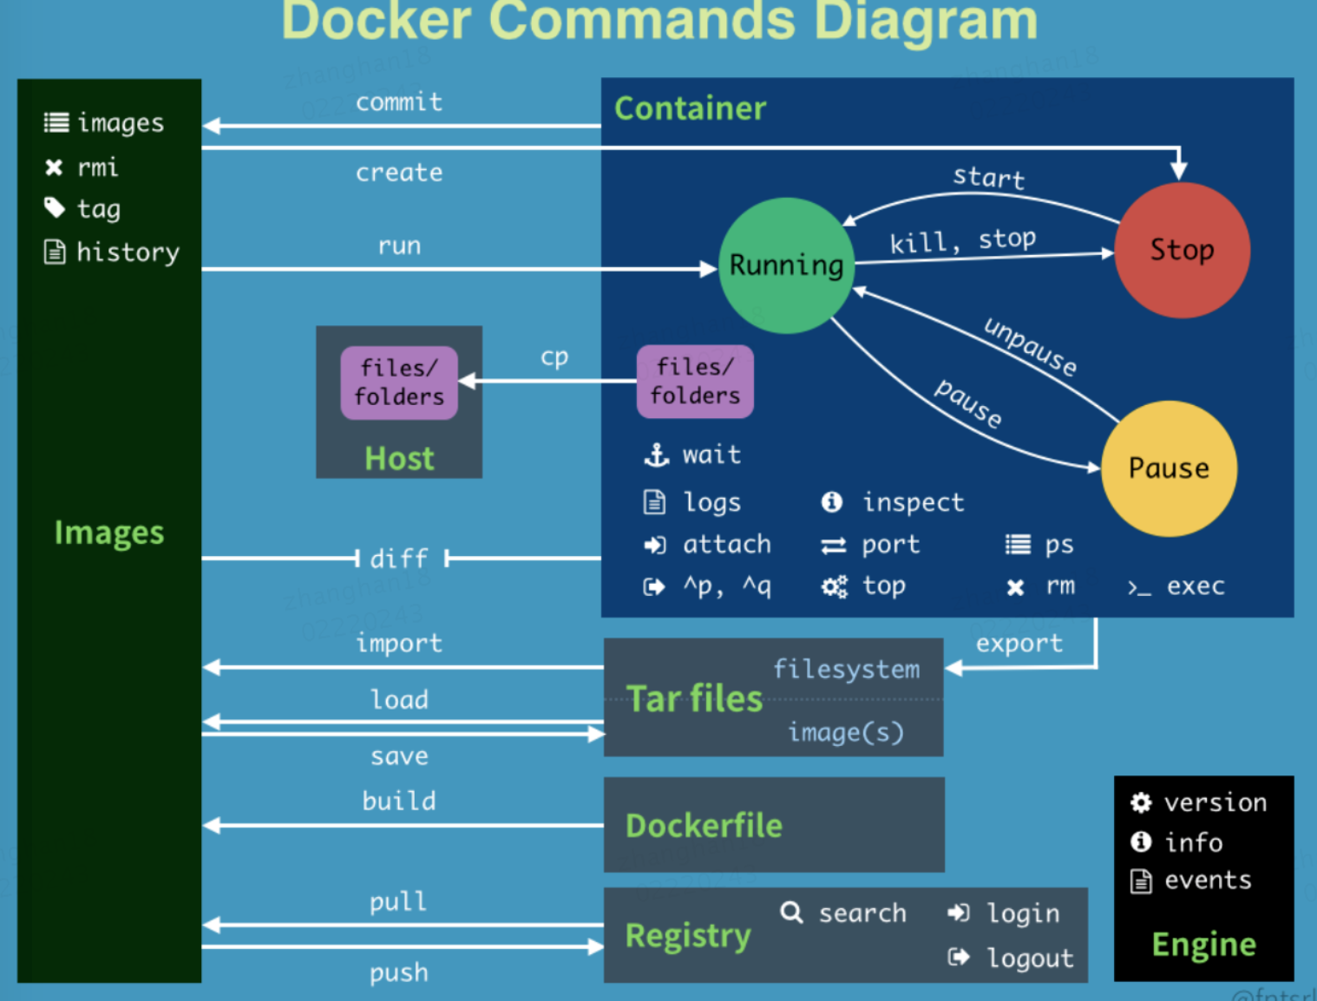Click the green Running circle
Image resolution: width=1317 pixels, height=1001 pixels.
787,265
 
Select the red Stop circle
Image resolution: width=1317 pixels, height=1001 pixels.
1182,250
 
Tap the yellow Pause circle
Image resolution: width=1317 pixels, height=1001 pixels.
1169,468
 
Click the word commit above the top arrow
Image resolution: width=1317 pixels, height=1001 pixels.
399,102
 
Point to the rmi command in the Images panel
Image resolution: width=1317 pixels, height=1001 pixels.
97,167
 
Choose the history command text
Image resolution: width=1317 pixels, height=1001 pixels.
128,252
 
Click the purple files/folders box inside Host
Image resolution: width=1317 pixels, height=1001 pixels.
399,383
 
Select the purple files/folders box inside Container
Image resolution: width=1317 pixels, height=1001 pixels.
695,382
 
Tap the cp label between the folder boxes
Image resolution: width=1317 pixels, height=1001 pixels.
554,357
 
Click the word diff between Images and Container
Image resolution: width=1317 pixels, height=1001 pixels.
399,558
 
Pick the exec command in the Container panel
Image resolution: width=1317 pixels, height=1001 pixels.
1195,586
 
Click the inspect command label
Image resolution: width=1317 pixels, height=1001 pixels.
913,502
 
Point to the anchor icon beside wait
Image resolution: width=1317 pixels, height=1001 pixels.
656,455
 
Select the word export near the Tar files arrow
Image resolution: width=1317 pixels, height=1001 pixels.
1019,644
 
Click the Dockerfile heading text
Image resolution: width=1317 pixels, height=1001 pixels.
704,826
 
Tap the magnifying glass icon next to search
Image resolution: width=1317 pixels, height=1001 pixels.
791,912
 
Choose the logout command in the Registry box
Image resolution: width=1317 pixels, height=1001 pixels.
1030,958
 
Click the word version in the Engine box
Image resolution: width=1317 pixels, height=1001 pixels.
1215,802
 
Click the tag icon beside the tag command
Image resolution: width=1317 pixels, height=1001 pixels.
55,208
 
